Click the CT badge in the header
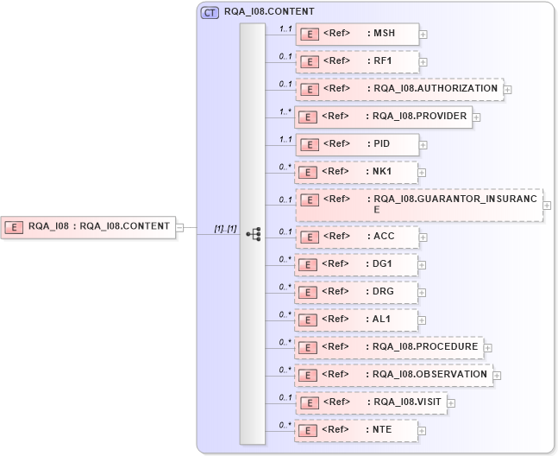pos(209,13)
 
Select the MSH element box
pos(357,35)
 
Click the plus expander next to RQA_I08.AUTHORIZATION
pos(508,89)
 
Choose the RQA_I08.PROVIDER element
pos(383,117)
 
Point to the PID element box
pos(357,144)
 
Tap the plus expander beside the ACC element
pos(423,237)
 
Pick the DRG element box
pos(357,292)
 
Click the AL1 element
pos(357,320)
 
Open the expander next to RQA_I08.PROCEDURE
pos(488,348)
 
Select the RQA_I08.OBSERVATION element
pos(393,375)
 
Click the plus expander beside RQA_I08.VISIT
pos(450,403)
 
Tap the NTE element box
pos(357,429)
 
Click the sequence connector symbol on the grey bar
pos(253,234)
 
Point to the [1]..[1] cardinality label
pos(225,228)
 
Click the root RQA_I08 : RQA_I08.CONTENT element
pos(88,227)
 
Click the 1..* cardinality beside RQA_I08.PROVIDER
pos(284,111)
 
